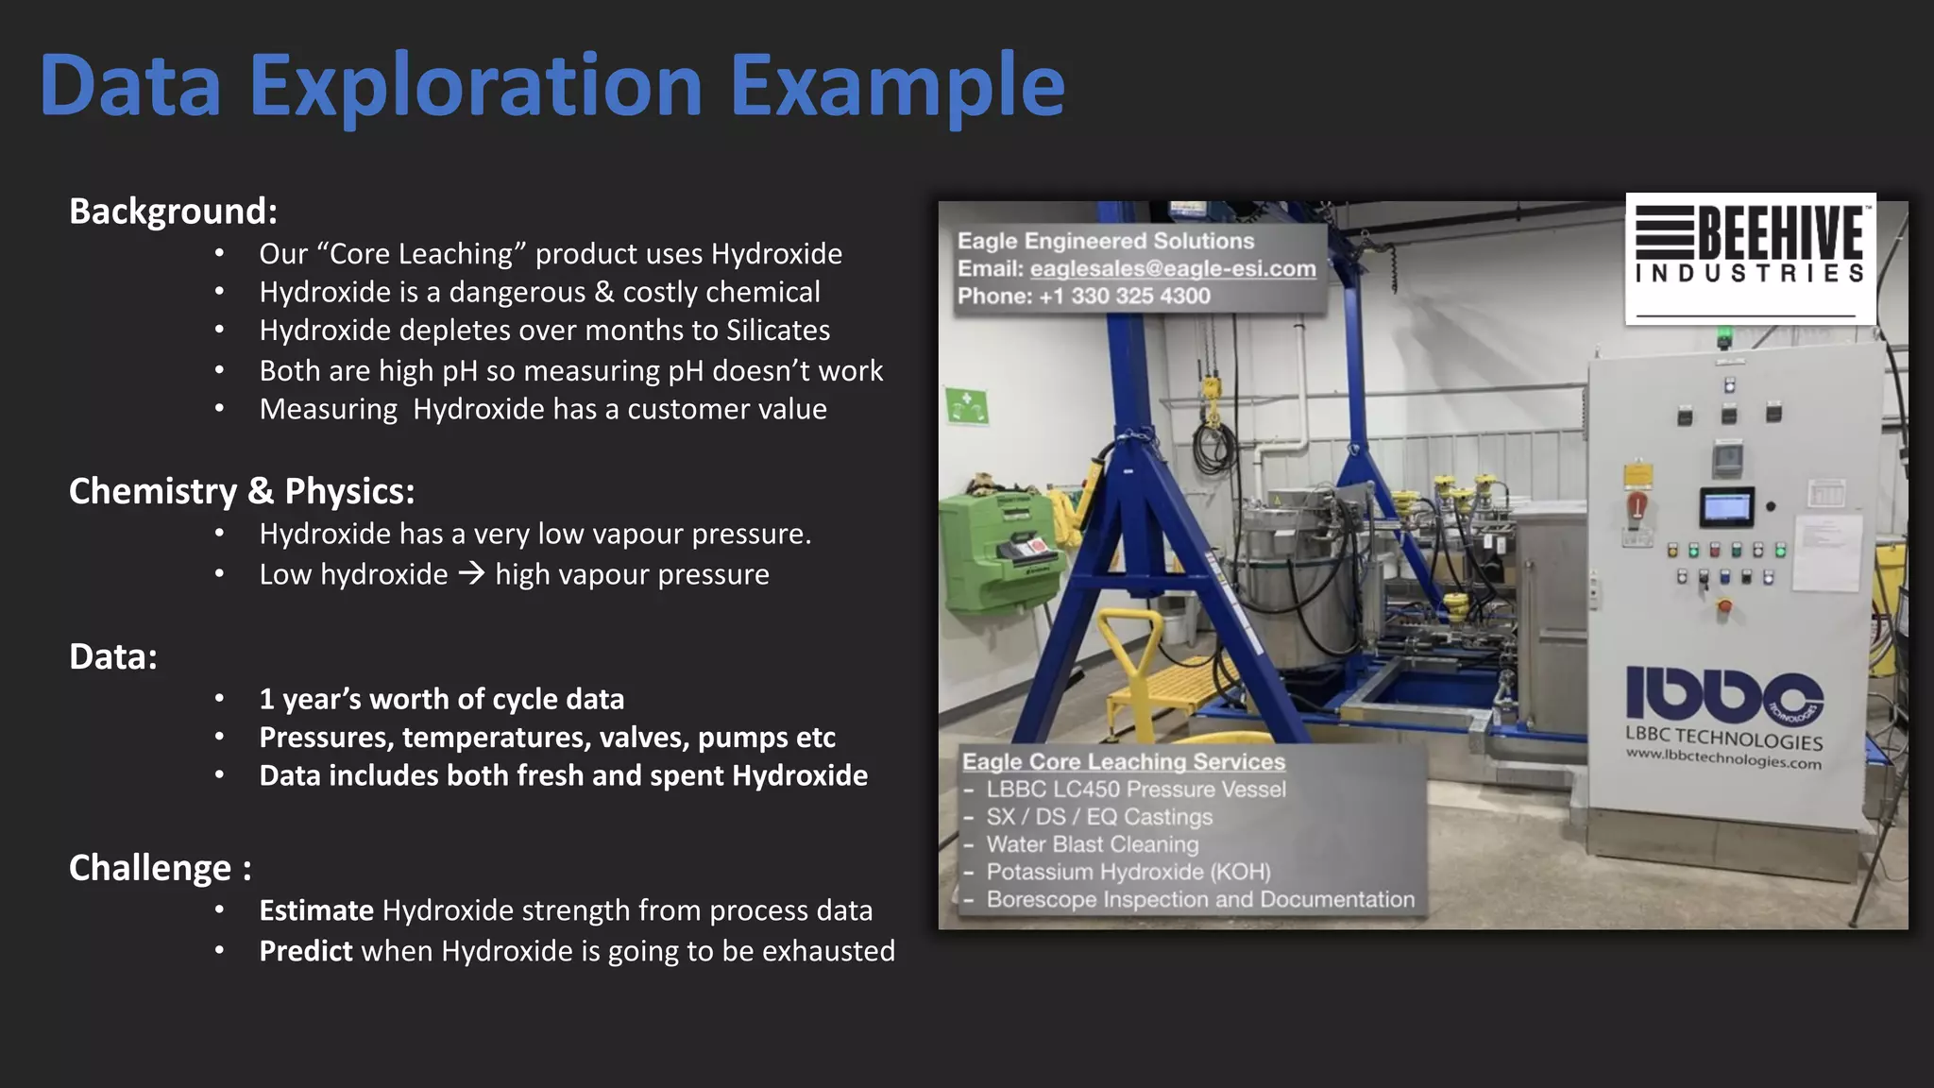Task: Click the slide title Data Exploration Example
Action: [x=552, y=86]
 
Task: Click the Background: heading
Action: [x=173, y=212]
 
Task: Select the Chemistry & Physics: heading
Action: [x=242, y=491]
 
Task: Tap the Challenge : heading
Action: [x=160, y=868]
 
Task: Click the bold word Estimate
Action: [x=316, y=910]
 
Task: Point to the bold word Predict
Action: [x=306, y=951]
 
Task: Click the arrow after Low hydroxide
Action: [x=471, y=573]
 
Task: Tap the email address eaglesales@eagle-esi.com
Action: [x=1172, y=269]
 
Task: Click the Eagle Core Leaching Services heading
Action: [x=1123, y=761]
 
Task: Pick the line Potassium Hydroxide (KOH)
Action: [x=1128, y=872]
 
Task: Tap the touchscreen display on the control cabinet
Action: [x=1726, y=508]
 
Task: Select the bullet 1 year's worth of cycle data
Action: [x=441, y=700]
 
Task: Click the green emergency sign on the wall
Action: [x=967, y=406]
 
